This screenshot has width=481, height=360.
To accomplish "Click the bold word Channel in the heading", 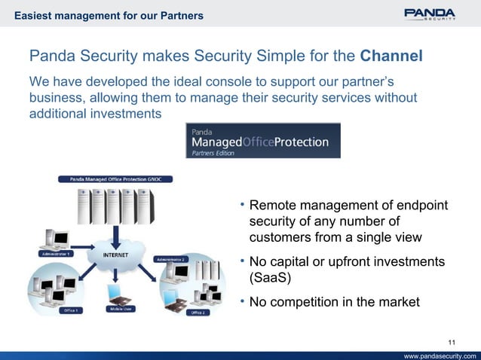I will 391,56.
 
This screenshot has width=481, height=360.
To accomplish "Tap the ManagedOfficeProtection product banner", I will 262,141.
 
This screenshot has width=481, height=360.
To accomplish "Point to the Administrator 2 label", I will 171,258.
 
